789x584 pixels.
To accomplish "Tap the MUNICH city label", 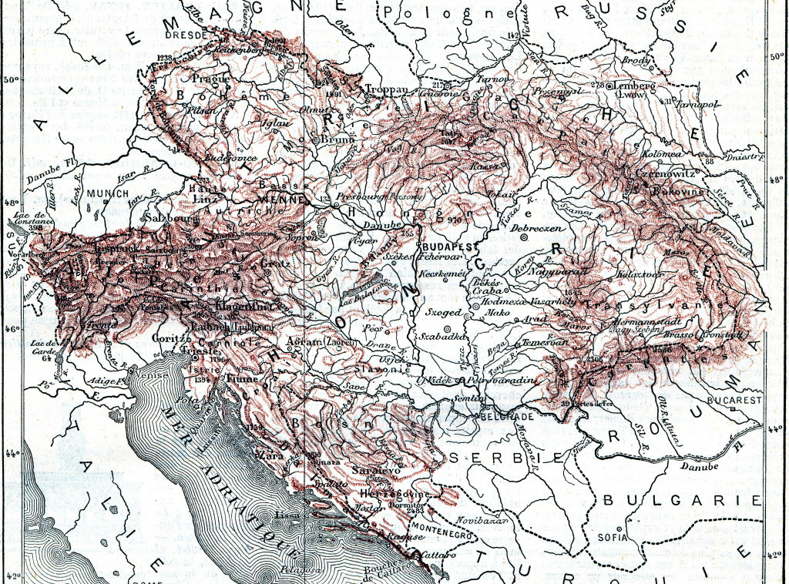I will click(x=108, y=193).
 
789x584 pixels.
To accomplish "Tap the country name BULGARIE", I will click(x=682, y=501).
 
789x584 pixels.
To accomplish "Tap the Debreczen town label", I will click(x=549, y=230).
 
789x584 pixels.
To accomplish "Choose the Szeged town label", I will click(x=442, y=314).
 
